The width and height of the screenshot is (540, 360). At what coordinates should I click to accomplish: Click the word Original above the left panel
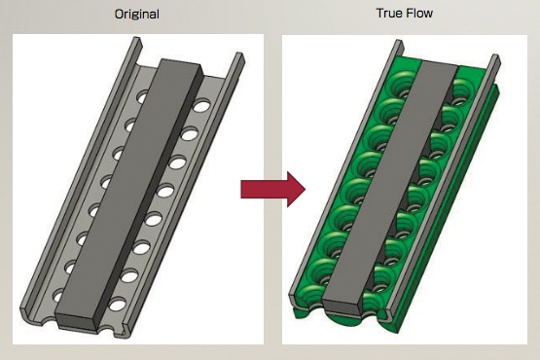[137, 15]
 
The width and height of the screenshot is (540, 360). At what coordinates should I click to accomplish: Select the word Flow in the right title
[418, 13]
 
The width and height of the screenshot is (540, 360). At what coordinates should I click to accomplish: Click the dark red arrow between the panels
[272, 189]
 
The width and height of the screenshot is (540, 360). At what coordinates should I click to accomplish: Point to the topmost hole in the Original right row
[201, 105]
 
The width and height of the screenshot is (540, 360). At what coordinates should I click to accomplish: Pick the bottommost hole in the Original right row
[118, 304]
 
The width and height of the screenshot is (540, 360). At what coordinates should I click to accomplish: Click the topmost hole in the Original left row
[143, 95]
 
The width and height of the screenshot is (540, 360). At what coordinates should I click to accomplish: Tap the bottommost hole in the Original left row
[58, 296]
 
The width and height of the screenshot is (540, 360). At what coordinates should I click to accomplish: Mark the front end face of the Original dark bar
[76, 320]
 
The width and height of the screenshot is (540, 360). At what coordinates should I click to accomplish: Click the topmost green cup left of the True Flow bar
[402, 86]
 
